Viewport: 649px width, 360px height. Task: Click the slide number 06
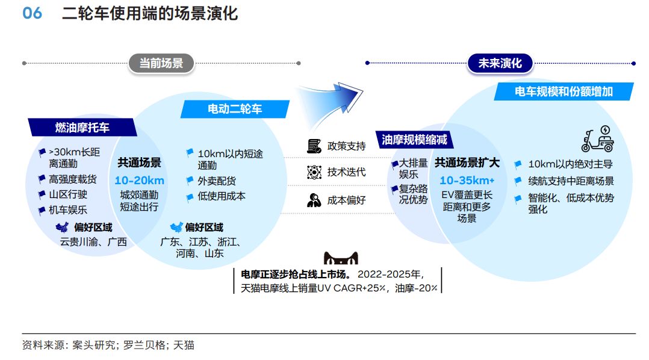pyautogui.click(x=32, y=13)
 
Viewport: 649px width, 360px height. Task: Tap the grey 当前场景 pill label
pyautogui.click(x=161, y=63)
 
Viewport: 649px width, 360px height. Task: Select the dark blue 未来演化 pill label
pyautogui.click(x=500, y=63)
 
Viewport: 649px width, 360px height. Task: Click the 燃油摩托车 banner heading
pyautogui.click(x=82, y=128)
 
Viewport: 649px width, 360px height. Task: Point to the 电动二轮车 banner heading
pyautogui.click(x=235, y=109)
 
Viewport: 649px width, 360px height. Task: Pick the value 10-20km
pyautogui.click(x=140, y=181)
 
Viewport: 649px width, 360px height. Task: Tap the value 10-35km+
pyautogui.click(x=467, y=181)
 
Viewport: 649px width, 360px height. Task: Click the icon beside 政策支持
pyautogui.click(x=314, y=146)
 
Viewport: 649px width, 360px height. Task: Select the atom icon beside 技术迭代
pyautogui.click(x=314, y=172)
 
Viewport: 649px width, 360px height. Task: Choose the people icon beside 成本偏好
pyautogui.click(x=314, y=200)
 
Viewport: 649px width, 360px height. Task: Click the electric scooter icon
pyautogui.click(x=598, y=139)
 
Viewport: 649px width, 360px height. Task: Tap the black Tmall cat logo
pyautogui.click(x=341, y=258)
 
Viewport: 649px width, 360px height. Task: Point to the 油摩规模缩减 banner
pyautogui.click(x=414, y=140)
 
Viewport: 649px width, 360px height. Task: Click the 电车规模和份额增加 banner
pyautogui.click(x=564, y=92)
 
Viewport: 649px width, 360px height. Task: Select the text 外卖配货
pyautogui.click(x=217, y=181)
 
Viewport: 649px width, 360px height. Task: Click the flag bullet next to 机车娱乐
pyautogui.click(x=42, y=211)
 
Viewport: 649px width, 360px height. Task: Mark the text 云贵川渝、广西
pyautogui.click(x=93, y=241)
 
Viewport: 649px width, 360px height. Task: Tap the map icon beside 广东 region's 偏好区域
pyautogui.click(x=176, y=227)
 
